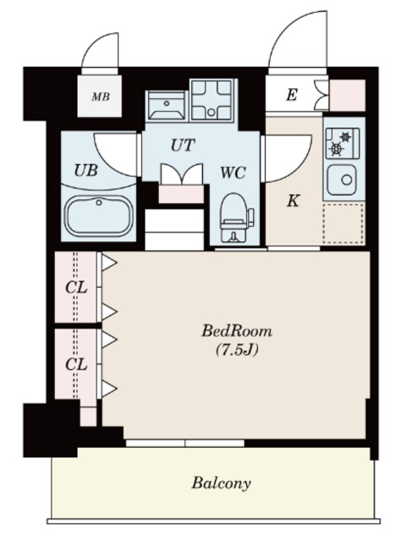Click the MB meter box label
click(x=101, y=97)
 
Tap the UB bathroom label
click(x=86, y=170)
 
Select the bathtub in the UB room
click(x=99, y=216)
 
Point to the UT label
click(x=183, y=145)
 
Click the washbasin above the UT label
click(x=167, y=105)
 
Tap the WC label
click(x=234, y=172)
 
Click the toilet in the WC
click(x=235, y=218)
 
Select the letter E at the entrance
click(x=291, y=94)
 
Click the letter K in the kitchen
click(x=293, y=201)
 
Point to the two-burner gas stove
click(x=343, y=143)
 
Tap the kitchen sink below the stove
click(x=342, y=180)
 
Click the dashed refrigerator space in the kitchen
click(x=343, y=224)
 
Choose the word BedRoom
click(x=237, y=331)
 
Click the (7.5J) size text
click(x=237, y=351)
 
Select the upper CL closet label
click(x=76, y=288)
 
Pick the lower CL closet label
click(x=76, y=364)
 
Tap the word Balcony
click(x=221, y=484)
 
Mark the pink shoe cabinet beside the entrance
click(x=347, y=96)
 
